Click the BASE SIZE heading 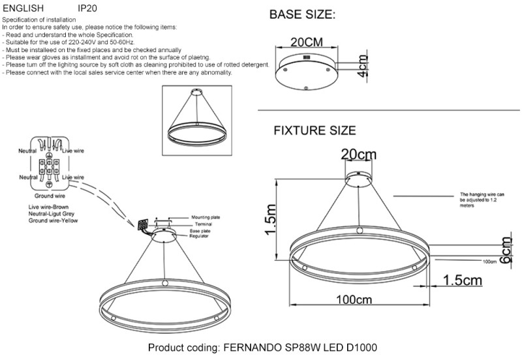coord(302,14)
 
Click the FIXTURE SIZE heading coord(315,130)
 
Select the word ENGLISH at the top coord(23,9)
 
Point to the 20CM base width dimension coord(307,42)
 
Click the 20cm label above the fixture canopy coord(358,154)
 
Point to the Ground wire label coord(50,195)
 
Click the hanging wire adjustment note coord(482,198)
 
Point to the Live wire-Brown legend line coord(40,207)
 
